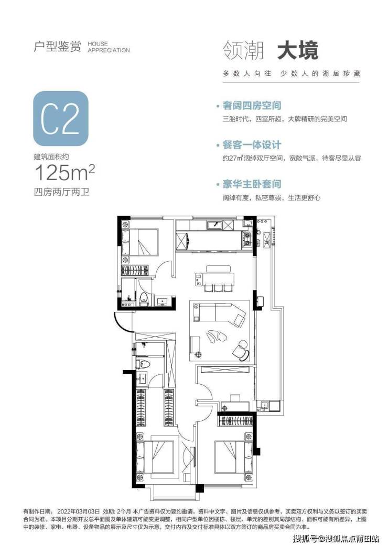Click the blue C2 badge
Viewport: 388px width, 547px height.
tap(61, 118)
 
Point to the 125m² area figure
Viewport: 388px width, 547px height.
tap(64, 173)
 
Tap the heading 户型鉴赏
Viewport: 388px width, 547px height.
tap(57, 47)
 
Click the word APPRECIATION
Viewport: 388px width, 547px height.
tap(109, 50)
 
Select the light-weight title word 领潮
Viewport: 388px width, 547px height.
tap(243, 51)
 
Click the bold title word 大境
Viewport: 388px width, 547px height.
tap(298, 51)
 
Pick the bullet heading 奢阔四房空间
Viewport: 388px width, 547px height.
tap(252, 105)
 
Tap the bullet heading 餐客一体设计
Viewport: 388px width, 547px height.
tap(252, 145)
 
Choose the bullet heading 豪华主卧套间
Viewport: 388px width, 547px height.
tap(252, 184)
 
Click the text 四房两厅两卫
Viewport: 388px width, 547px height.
tap(61, 192)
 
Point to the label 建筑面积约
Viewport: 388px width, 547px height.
tap(51, 157)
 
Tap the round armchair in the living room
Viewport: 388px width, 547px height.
tap(242, 349)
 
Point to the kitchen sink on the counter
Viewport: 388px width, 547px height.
tap(214, 226)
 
